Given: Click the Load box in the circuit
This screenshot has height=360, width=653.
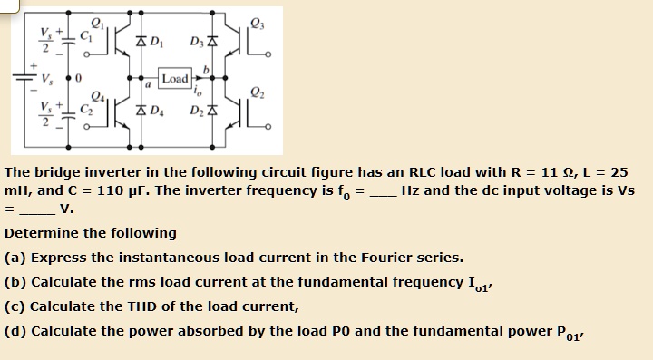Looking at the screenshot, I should [175, 79].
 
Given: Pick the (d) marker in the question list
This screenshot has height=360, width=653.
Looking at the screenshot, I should [15, 329].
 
